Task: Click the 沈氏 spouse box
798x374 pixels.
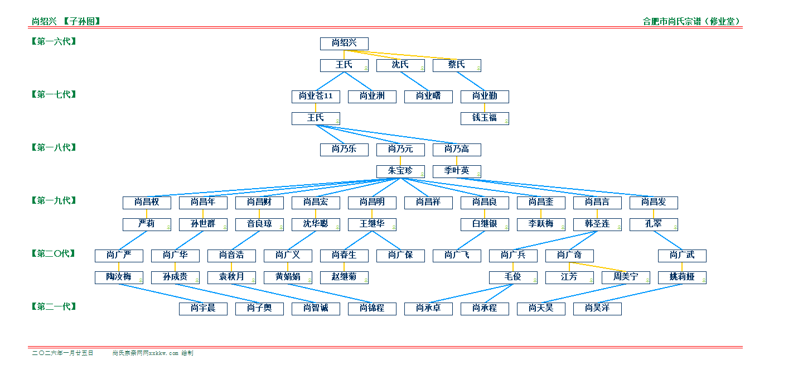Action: pyautogui.click(x=400, y=65)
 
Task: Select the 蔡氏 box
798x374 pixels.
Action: pyautogui.click(x=456, y=65)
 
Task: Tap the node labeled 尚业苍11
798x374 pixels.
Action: pyautogui.click(x=316, y=97)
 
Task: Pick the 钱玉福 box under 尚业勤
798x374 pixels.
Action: pyautogui.click(x=484, y=118)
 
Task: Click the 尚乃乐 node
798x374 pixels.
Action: pyautogui.click(x=344, y=150)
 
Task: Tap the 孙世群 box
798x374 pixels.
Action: pyautogui.click(x=203, y=224)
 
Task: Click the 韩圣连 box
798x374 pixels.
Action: pyautogui.click(x=597, y=224)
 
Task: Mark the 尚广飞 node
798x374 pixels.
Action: pyautogui.click(x=456, y=256)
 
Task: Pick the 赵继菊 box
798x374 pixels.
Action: pyautogui.click(x=344, y=277)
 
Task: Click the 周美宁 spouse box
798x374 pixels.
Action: pyautogui.click(x=625, y=277)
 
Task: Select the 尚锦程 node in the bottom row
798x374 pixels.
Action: pyautogui.click(x=372, y=309)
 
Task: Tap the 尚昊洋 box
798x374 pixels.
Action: pyautogui.click(x=597, y=309)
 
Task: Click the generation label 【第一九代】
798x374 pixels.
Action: pyautogui.click(x=54, y=200)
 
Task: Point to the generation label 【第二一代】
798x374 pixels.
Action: pyautogui.click(x=54, y=306)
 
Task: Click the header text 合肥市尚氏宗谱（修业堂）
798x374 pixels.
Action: pyautogui.click(x=691, y=22)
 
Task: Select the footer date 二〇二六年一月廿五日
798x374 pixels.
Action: pyautogui.click(x=62, y=353)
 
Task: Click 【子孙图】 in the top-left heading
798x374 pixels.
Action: pyautogui.click(x=81, y=22)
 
